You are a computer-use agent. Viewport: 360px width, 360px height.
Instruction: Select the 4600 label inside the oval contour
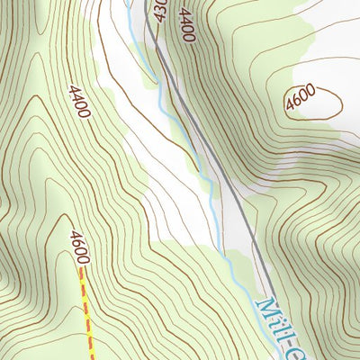[x=301, y=102]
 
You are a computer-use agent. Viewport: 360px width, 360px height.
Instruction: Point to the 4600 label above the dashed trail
[x=78, y=247]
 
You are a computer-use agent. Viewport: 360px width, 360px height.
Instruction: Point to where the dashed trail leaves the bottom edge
[x=92, y=358]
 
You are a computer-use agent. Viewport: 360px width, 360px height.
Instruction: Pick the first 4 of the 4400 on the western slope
[x=72, y=92]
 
